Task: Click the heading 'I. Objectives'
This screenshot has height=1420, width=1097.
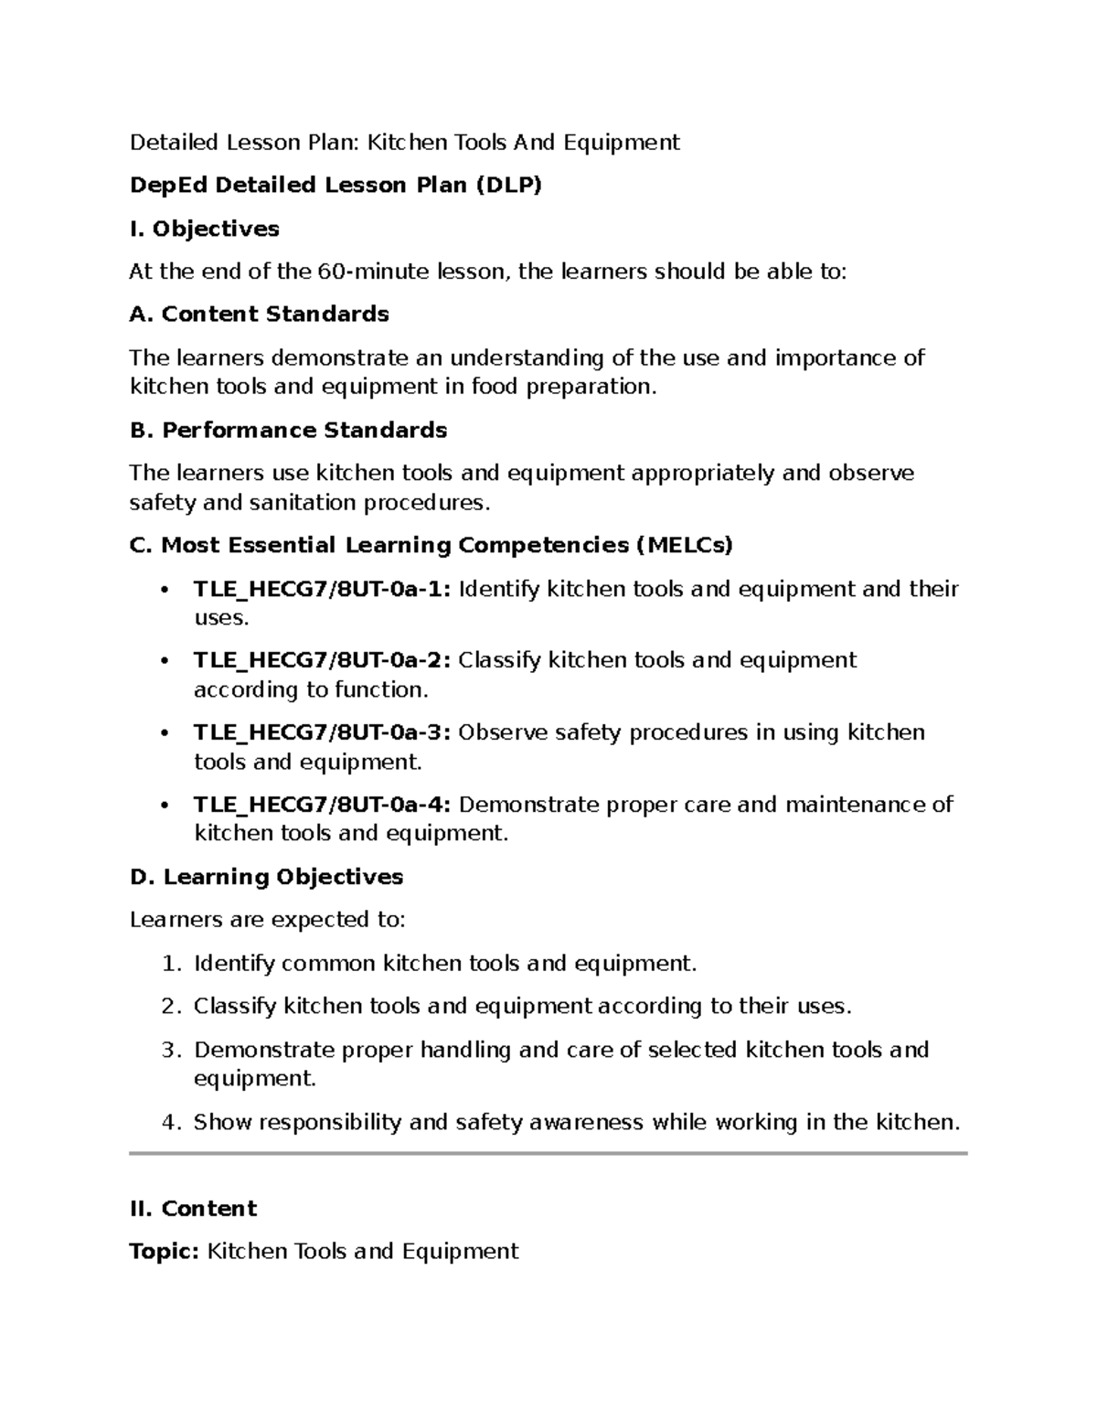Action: pos(205,229)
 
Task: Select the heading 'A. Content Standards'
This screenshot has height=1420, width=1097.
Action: pos(260,315)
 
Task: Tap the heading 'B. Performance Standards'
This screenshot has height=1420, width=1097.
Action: pos(289,430)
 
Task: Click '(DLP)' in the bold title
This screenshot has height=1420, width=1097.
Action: pos(507,186)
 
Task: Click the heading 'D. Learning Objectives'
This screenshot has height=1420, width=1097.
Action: pos(267,877)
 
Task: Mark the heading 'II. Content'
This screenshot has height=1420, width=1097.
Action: pos(194,1209)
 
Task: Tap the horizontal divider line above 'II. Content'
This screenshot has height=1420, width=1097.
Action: pos(548,1154)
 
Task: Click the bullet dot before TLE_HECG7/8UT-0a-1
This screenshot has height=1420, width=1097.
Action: pos(164,590)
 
